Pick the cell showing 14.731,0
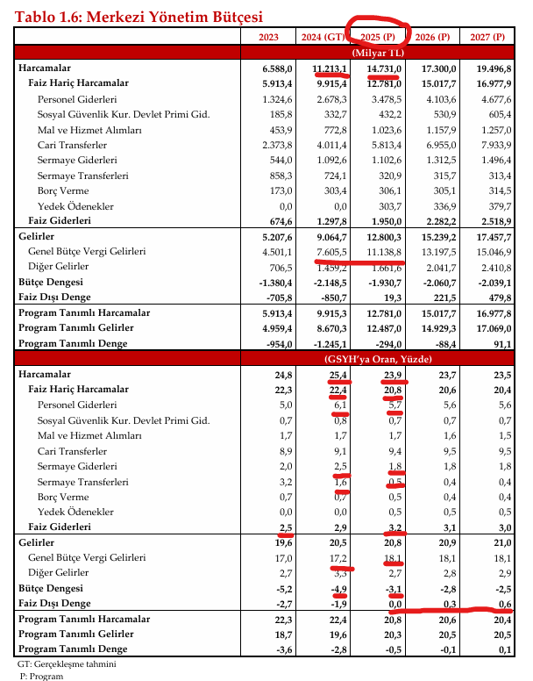[381, 68]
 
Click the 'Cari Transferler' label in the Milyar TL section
[72, 145]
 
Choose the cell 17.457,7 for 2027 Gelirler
[487, 236]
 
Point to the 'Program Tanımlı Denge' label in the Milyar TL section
[73, 343]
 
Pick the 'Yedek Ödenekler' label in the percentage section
[75, 512]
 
